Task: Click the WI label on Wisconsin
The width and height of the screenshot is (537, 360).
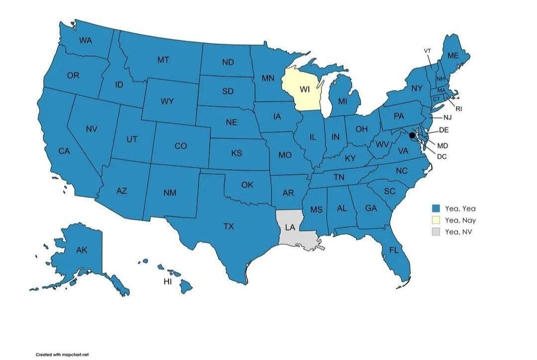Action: click(305, 90)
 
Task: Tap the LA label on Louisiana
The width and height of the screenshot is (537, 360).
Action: click(290, 227)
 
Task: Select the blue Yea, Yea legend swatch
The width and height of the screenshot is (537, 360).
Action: click(436, 208)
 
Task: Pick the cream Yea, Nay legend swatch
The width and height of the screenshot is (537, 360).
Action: click(436, 220)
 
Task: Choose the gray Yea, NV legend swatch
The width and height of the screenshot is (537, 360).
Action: click(436, 232)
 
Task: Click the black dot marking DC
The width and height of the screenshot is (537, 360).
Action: click(412, 135)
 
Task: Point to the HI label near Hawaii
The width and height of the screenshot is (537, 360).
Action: click(168, 281)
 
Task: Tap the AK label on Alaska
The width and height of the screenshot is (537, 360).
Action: click(82, 250)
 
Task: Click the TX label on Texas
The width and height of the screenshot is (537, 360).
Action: click(228, 226)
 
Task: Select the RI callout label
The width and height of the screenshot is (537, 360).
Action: click(459, 108)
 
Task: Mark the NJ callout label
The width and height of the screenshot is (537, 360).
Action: click(447, 118)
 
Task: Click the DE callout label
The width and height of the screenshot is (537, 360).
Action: click(444, 130)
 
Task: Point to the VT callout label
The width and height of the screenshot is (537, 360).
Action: click(428, 51)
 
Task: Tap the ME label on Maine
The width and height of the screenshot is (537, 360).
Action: click(453, 56)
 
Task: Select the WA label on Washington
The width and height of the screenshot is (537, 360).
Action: click(86, 40)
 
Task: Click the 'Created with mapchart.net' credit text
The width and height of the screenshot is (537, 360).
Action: click(62, 355)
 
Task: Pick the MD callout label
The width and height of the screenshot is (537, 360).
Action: click(442, 146)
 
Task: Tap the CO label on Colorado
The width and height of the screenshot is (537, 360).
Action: click(181, 146)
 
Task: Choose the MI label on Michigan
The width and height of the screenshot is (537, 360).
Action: click(342, 101)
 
